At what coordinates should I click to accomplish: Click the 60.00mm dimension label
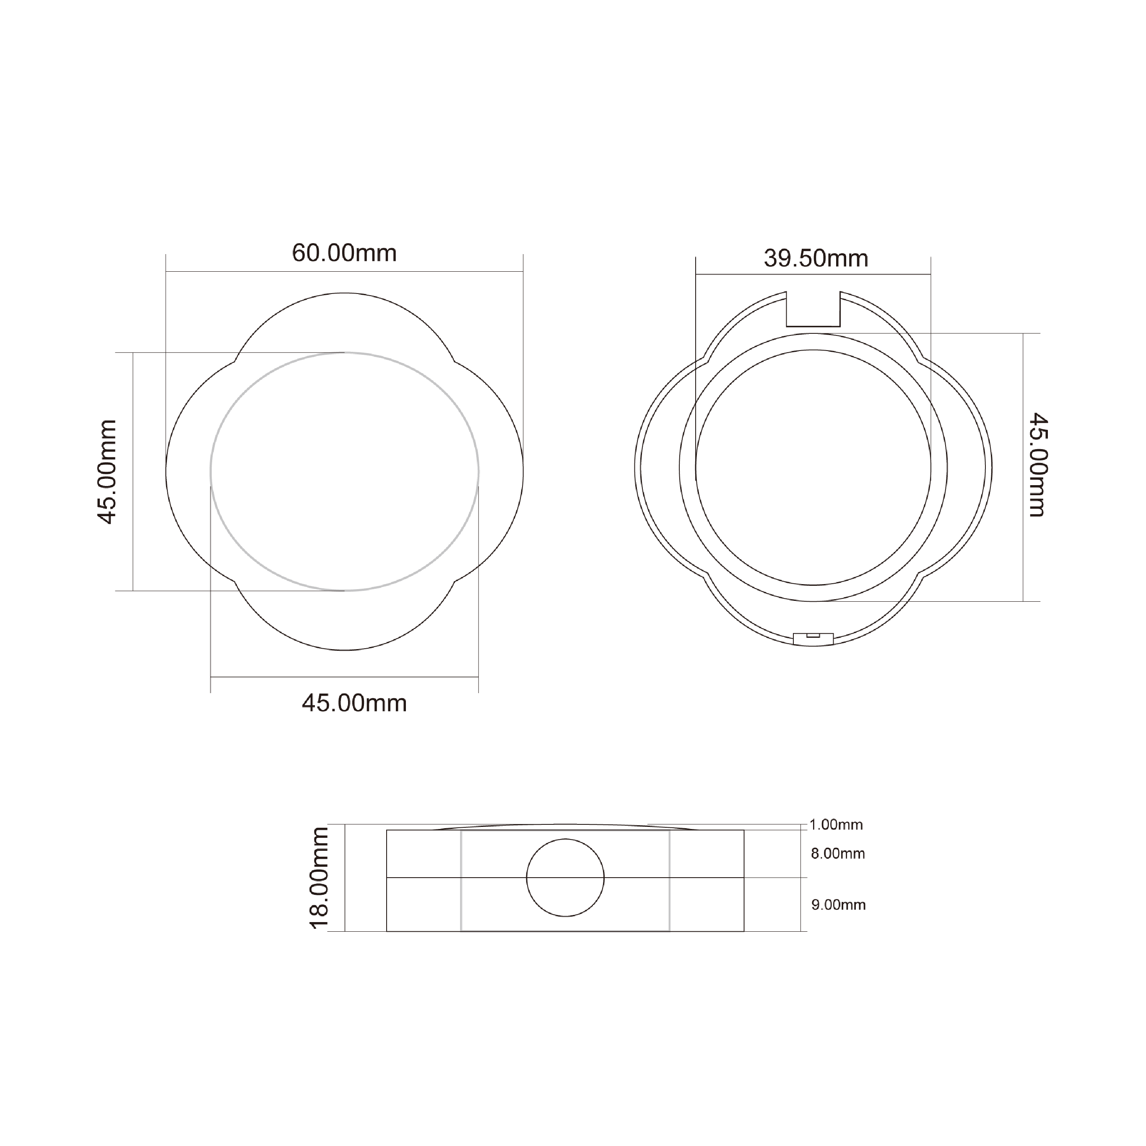[344, 253]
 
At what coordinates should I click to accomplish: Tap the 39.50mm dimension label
[816, 259]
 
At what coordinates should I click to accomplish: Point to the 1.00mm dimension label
[837, 824]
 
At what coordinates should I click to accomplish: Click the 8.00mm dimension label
[838, 854]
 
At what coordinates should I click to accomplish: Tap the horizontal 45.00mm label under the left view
[354, 704]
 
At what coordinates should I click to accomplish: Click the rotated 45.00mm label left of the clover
[107, 472]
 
